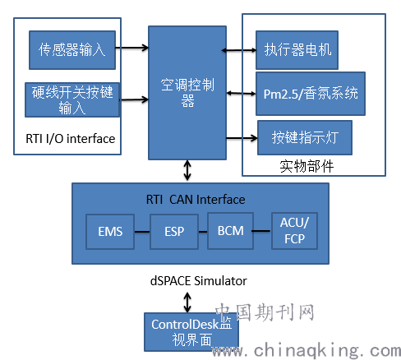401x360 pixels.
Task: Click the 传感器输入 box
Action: [72, 50]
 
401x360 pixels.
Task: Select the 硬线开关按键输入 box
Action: [72, 100]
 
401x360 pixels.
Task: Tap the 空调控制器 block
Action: [187, 93]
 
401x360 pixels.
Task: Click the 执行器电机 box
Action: [297, 50]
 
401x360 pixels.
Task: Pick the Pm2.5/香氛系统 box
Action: [311, 94]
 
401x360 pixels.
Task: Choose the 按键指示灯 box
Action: [305, 137]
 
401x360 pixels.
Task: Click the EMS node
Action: [110, 232]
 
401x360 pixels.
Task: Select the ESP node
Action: [174, 232]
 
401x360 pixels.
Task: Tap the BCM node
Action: [230, 231]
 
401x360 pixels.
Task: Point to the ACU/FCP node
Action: [295, 231]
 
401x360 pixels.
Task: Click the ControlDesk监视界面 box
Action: [191, 332]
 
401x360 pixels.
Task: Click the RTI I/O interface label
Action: [71, 139]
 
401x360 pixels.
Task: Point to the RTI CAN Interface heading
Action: [196, 200]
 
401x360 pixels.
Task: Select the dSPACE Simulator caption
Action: [199, 281]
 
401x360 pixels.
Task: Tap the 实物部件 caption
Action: [307, 166]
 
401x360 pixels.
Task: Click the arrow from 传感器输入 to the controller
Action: [132, 48]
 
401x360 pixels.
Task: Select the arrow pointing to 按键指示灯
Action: [242, 138]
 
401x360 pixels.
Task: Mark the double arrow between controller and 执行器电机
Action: [238, 50]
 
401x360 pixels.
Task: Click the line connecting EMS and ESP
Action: [142, 232]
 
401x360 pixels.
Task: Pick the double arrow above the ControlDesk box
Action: [187, 302]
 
